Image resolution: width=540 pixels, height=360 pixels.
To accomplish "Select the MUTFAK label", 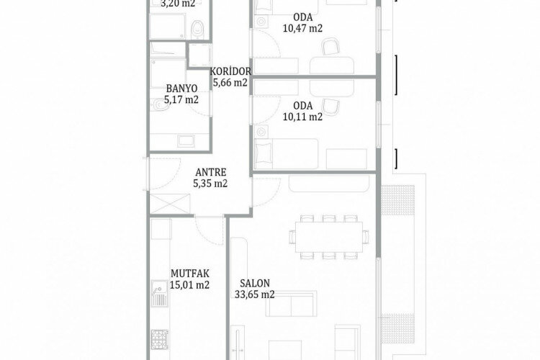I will coord(190,274).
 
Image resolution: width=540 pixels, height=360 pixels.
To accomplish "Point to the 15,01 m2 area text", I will coord(190,284).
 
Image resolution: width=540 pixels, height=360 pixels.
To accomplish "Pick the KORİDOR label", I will coord(230,71).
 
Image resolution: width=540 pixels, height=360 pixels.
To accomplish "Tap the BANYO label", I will coord(181,89).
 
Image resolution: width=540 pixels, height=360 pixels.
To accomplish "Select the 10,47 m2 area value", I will coord(303,28).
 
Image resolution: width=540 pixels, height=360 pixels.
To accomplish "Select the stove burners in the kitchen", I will coord(158,336).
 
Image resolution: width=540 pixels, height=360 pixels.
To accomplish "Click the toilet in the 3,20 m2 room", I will coord(198,28).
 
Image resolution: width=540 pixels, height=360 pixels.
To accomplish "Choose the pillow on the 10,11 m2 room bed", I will coord(263,152).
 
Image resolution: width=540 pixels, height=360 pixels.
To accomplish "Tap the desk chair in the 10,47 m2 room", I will coord(330,48).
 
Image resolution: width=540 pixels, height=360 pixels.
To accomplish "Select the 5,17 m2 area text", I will coord(181,99).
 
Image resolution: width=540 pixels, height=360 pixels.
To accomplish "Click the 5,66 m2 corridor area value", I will coord(230,82).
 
